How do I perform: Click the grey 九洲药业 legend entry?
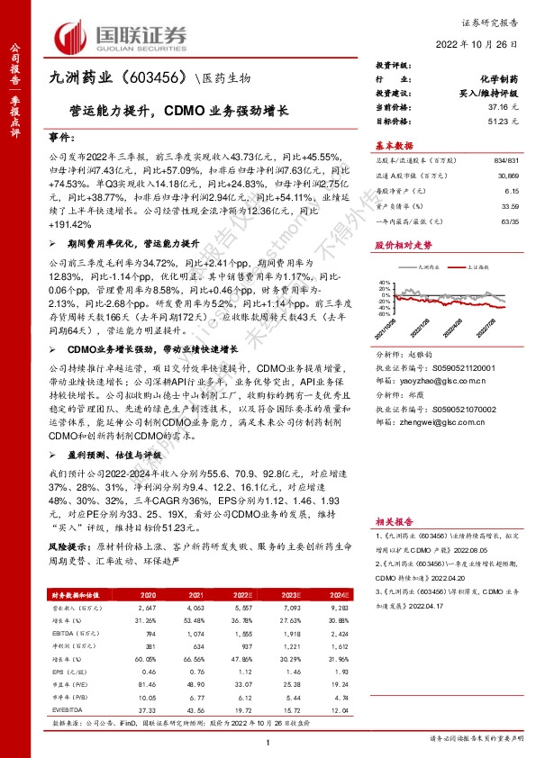click(x=428, y=268)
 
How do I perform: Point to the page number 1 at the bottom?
click(x=268, y=740)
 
